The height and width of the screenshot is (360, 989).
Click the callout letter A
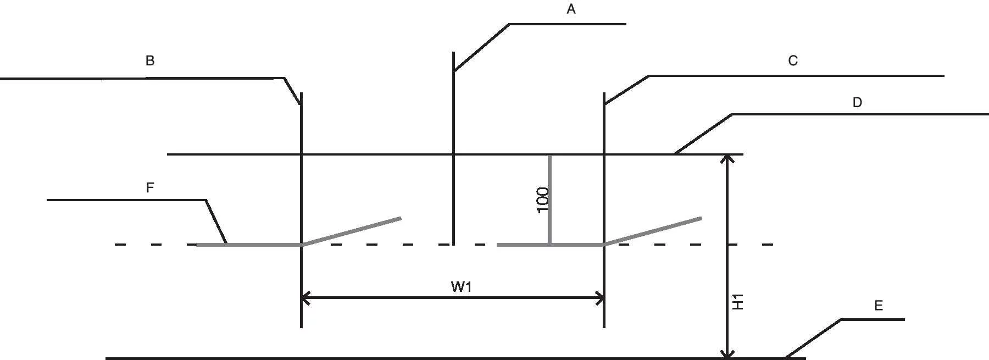click(x=571, y=9)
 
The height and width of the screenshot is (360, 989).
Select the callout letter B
click(x=149, y=61)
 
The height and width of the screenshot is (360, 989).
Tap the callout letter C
click(x=793, y=61)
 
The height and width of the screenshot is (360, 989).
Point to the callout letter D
click(x=857, y=102)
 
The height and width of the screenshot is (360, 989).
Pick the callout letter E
click(x=879, y=306)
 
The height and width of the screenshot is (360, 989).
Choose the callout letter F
click(x=149, y=187)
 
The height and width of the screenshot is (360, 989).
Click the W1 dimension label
click(x=461, y=286)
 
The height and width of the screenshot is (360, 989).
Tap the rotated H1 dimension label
click(x=738, y=302)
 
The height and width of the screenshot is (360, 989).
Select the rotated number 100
click(x=542, y=200)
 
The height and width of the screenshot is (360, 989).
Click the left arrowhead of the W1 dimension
click(x=305, y=298)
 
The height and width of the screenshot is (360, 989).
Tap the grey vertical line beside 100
click(x=549, y=200)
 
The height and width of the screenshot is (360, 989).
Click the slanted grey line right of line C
click(x=653, y=231)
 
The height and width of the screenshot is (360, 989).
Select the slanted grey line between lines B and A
click(x=351, y=231)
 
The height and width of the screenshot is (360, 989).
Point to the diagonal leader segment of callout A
click(x=481, y=48)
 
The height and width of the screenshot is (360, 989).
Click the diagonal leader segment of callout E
click(x=813, y=339)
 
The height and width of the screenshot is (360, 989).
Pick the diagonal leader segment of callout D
click(x=703, y=134)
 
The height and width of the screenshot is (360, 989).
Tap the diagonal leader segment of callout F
click(x=216, y=221)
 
